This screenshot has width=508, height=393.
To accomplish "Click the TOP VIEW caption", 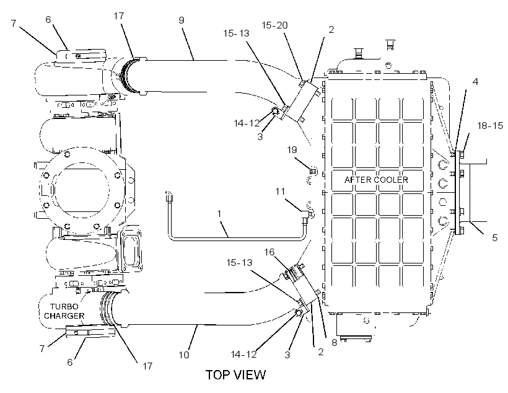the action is (235, 374).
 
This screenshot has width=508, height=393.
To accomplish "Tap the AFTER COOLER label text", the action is (376, 180).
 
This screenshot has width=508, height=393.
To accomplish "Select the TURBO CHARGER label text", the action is (64, 311).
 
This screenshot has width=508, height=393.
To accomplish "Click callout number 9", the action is (182, 20).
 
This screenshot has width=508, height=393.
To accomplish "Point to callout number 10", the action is (184, 355).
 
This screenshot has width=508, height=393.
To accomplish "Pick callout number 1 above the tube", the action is (219, 214).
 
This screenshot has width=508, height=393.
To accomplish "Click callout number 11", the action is (280, 192).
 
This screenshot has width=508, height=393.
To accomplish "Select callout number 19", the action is (292, 149).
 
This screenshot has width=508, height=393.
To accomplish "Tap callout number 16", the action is (269, 252).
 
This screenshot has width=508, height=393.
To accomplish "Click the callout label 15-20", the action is (274, 25).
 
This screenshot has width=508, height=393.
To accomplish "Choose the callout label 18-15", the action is (490, 125).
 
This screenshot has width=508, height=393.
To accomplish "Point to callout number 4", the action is (475, 81).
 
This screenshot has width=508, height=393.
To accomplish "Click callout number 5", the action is (495, 237).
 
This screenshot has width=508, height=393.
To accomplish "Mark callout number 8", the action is (335, 342).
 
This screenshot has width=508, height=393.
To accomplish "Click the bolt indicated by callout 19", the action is (313, 170).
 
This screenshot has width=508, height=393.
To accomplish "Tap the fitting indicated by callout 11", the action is (305, 216).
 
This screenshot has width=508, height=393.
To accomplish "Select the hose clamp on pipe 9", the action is (129, 76).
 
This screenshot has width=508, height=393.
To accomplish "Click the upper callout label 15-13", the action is (236, 33).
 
